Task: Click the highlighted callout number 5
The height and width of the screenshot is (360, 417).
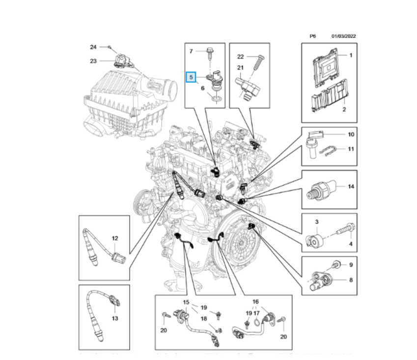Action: tap(190, 78)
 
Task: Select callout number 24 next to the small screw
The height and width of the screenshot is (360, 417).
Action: tap(93, 47)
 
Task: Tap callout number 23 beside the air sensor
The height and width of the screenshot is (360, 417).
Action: tap(93, 61)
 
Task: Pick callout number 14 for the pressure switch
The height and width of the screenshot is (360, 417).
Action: tap(351, 187)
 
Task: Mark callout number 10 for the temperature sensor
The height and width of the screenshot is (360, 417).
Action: tap(351, 134)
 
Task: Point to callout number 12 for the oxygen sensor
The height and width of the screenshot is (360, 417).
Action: tap(114, 238)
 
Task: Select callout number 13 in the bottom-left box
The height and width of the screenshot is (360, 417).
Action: tap(114, 318)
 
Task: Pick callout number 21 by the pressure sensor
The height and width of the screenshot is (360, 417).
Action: tap(240, 68)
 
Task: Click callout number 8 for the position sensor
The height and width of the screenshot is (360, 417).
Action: tap(351, 280)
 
